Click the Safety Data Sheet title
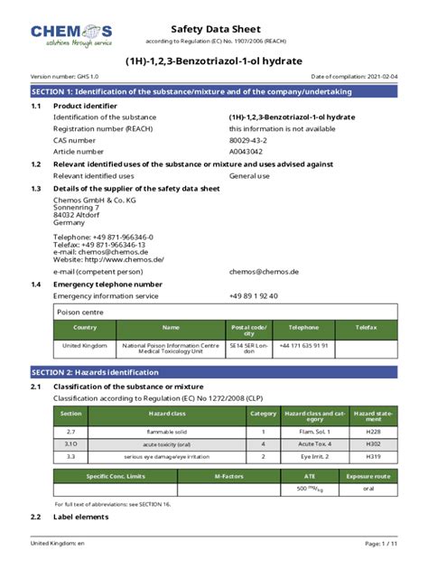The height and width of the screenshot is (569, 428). coord(214,29)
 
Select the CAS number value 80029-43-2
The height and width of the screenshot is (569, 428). coord(254,141)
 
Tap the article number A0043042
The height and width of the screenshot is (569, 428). coord(249,152)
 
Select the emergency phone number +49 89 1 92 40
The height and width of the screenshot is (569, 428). coord(253,295)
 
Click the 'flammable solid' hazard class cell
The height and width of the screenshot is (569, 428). coord(166,431)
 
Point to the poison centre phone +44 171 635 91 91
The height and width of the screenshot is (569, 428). coord(303,346)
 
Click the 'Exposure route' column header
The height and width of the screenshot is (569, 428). coord(368,475)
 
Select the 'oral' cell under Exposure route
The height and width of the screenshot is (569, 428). coord(368,489)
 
